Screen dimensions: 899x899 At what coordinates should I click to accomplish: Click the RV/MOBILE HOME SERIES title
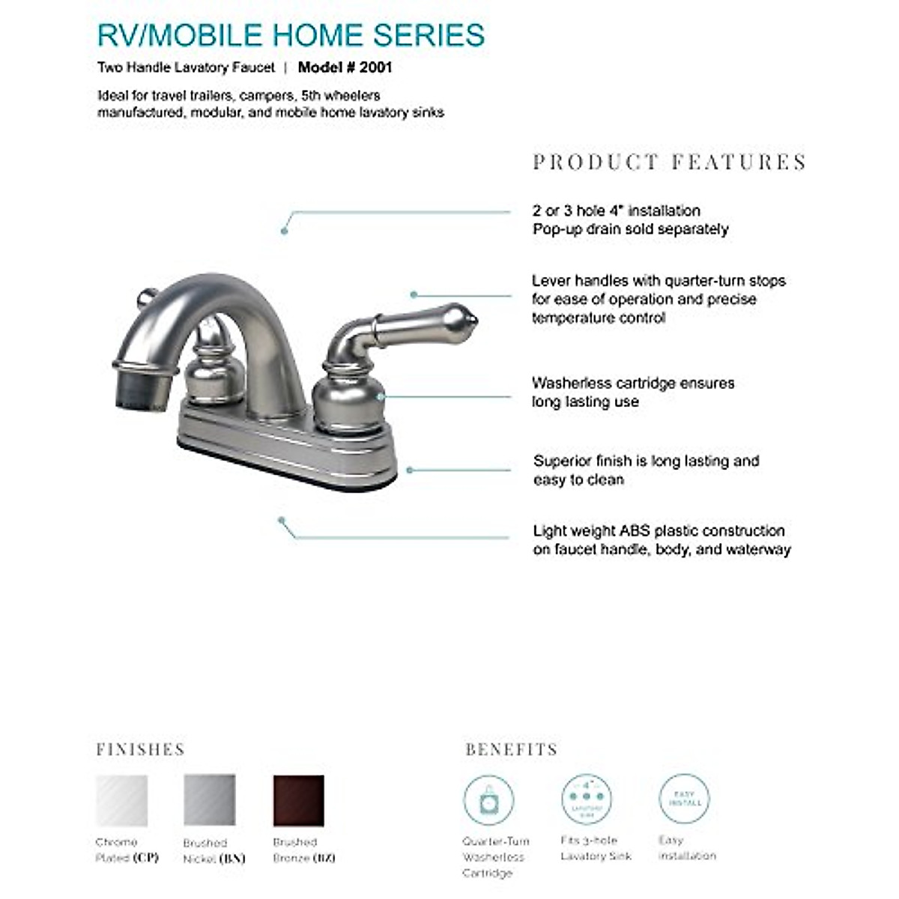coord(291,35)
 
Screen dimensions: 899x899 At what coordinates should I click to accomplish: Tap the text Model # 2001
coord(345,67)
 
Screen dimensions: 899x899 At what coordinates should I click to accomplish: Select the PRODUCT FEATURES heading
coord(669,162)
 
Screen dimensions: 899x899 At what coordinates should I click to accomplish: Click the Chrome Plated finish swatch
coord(122,800)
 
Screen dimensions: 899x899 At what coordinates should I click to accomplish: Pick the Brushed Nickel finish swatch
coord(210,800)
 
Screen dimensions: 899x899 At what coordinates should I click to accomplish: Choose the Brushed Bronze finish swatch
coord(299,800)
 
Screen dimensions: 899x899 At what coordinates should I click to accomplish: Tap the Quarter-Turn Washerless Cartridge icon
coord(488,800)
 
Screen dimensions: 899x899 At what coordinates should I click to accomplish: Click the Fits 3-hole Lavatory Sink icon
coord(587,799)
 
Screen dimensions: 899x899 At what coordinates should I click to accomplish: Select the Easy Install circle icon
coord(684,799)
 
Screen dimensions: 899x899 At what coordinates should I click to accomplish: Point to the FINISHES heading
coord(140,749)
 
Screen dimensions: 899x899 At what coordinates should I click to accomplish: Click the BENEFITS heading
coord(511,749)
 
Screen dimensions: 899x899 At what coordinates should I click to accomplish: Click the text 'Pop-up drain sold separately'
coord(630,229)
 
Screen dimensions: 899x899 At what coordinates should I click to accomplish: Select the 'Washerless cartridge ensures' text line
coord(633,383)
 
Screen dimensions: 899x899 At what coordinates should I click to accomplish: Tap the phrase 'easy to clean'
coord(578,479)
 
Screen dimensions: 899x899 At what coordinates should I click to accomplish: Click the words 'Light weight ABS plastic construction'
coord(659,530)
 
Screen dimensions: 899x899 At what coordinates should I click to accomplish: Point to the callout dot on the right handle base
coord(381,396)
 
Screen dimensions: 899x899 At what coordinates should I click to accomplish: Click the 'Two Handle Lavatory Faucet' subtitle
coord(186,67)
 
